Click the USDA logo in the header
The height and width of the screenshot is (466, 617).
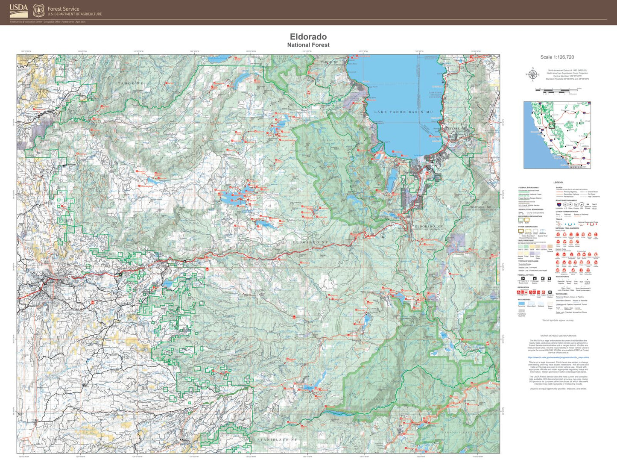click(18, 10)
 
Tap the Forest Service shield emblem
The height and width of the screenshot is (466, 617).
click(39, 11)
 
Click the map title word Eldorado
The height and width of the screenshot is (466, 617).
click(308, 37)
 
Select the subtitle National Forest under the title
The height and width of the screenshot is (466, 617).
click(308, 45)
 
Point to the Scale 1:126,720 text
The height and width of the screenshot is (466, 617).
click(557, 57)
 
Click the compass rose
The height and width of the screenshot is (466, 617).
click(532, 75)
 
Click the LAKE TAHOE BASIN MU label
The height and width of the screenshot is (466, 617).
click(404, 112)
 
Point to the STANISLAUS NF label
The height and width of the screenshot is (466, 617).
click(277, 439)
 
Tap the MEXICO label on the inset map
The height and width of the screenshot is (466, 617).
click(576, 167)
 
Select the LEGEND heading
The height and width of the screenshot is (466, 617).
click(558, 183)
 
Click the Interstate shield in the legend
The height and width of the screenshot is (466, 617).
click(559, 205)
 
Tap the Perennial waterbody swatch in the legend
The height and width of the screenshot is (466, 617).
click(521, 303)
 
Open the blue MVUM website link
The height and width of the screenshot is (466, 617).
click(558, 357)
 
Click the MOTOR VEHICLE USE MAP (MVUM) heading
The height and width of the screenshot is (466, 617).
click(558, 336)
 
